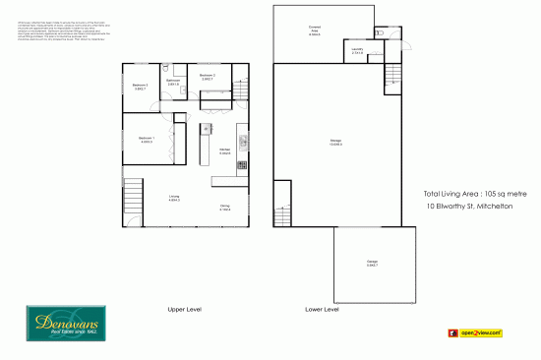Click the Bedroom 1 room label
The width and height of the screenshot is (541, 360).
[x=147, y=139]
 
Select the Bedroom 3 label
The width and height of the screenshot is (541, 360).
[x=208, y=76]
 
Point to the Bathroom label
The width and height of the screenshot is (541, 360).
[x=173, y=83]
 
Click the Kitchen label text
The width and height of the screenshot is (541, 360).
[x=225, y=150]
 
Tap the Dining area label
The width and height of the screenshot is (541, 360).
[x=225, y=207]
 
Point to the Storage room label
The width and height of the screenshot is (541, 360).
[x=335, y=144]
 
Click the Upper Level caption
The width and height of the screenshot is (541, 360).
[x=184, y=310]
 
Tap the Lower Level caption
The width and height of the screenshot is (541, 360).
[x=322, y=310]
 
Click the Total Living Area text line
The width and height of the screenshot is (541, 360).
[x=475, y=195]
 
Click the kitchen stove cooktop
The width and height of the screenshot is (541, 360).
[x=240, y=167]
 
